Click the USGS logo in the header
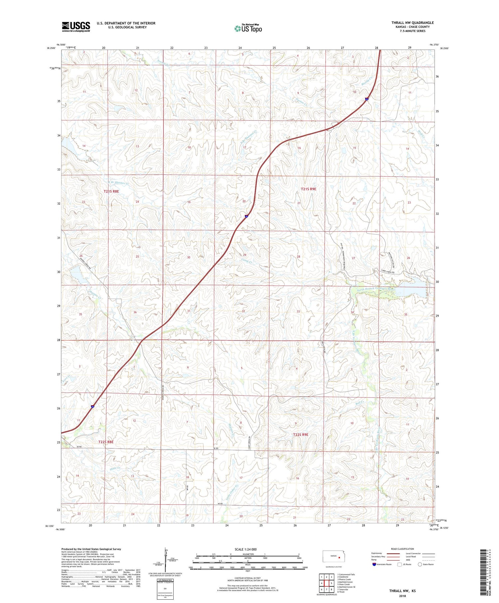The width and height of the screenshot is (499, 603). (76, 27)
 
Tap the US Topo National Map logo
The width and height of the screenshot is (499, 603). (248, 28)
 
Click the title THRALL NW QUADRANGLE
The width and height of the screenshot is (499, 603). (412, 23)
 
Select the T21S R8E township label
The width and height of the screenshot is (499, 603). (111, 192)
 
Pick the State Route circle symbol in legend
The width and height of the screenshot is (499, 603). (419, 564)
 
